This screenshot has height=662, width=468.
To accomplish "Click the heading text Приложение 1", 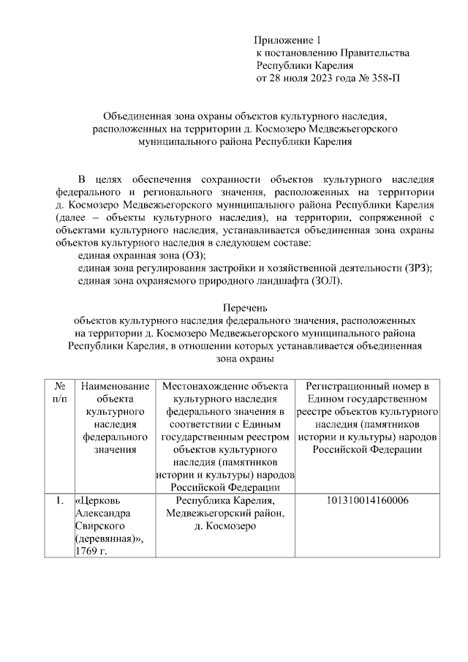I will point(287,40).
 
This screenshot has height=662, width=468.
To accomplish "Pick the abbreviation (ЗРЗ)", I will point(417,268).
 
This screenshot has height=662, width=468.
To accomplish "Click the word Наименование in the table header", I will point(116,385).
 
